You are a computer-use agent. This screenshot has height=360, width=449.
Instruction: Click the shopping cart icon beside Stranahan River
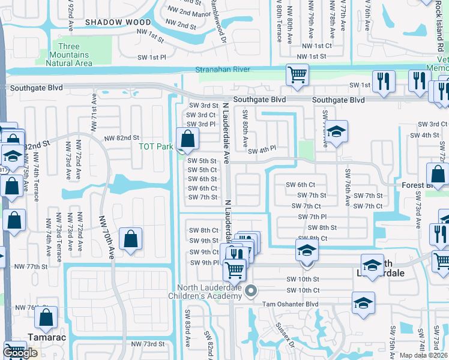297,75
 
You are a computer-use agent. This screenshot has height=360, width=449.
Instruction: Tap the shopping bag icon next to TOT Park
188,139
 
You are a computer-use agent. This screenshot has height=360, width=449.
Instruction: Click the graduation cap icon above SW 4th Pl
337,131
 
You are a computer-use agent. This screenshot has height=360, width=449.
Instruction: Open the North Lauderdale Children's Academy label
211,295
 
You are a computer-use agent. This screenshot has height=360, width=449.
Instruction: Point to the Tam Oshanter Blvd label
291,304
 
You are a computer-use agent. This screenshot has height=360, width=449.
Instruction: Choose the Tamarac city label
46,337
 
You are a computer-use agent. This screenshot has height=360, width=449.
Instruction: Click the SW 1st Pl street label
151,57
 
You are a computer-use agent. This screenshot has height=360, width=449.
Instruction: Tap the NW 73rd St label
148,344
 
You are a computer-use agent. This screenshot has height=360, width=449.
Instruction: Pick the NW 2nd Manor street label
182,13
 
